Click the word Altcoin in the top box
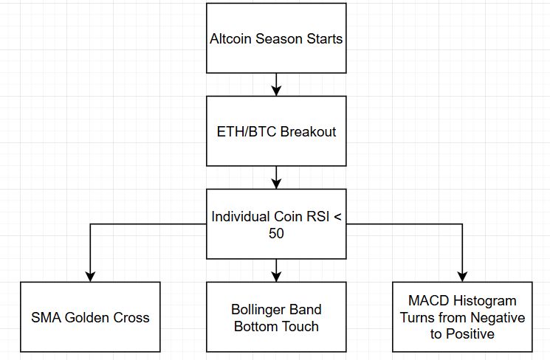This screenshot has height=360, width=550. tap(230, 38)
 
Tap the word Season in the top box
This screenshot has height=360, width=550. tap(279, 38)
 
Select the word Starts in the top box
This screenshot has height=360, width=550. tap(324, 38)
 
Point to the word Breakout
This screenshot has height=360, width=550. tap(309, 132)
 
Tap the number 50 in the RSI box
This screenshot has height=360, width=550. tap(276, 233)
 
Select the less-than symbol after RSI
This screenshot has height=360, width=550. tap(337, 217)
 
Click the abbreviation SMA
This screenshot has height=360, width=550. tap(46, 318)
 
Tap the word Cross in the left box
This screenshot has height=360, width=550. tap(131, 318)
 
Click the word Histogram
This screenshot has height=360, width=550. tap(484, 301)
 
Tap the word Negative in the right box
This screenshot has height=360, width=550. tap(498, 318)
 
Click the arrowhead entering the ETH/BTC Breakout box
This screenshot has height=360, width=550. tap(276, 91)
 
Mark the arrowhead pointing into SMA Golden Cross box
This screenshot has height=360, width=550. tap(91, 277)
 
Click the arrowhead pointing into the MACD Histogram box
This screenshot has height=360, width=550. tap(462, 277)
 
